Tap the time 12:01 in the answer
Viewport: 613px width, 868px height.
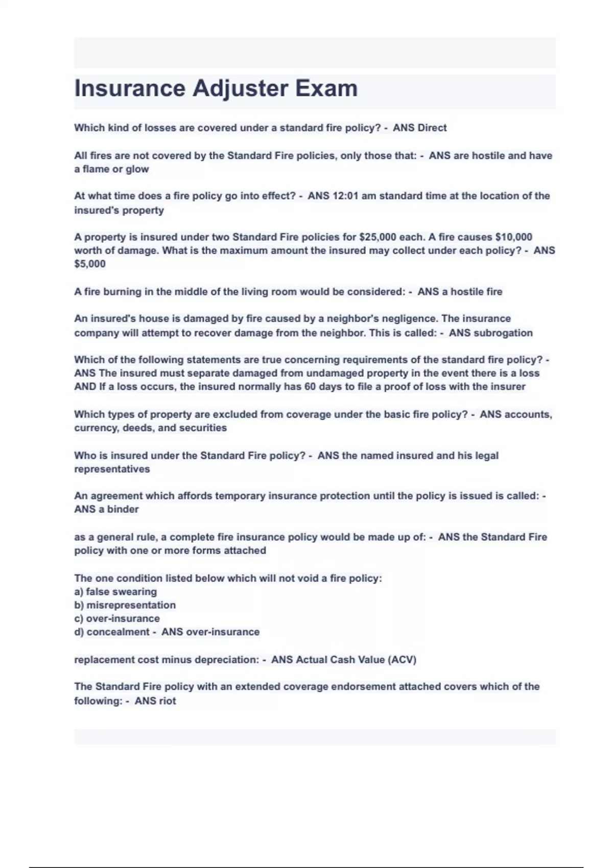tap(345, 196)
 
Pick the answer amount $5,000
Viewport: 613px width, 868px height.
tap(90, 264)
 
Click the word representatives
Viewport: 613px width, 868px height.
tap(112, 469)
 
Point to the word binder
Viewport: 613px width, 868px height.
tap(123, 509)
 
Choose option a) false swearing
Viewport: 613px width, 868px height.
tap(115, 592)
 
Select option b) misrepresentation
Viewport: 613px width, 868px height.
tap(125, 605)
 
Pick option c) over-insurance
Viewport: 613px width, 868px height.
tap(117, 618)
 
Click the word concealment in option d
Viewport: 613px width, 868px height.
tap(118, 632)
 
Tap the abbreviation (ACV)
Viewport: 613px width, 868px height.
tap(402, 660)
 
